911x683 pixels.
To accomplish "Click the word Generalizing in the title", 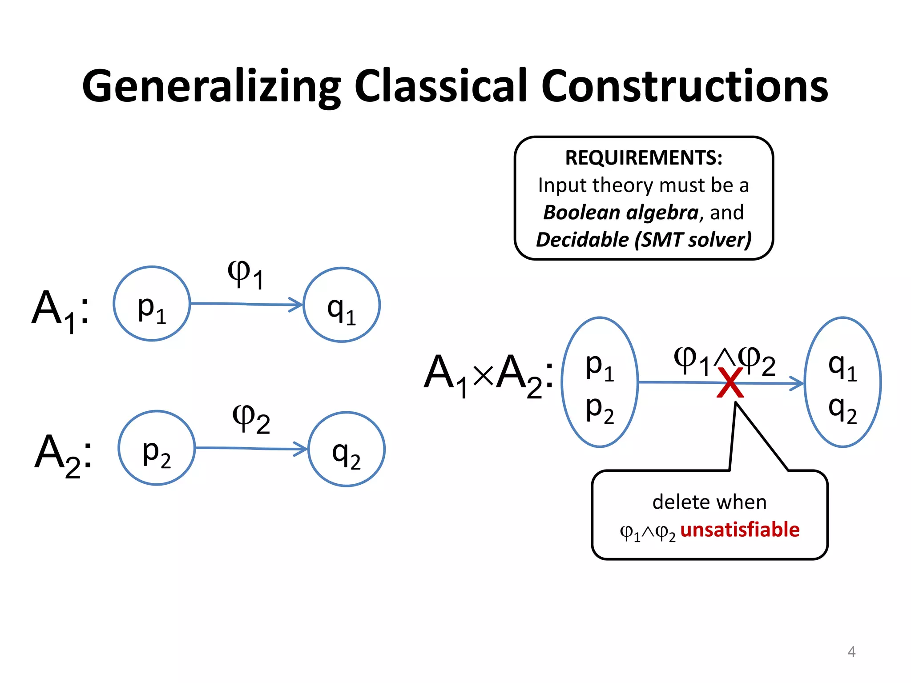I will click(x=211, y=87).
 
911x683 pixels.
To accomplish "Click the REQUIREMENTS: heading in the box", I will click(x=644, y=158).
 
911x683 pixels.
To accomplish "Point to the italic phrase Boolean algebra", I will click(x=621, y=213).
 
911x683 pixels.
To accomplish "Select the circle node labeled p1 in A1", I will click(x=152, y=304).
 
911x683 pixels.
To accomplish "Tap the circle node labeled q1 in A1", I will click(x=342, y=305).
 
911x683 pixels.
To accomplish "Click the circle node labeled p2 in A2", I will click(x=157, y=448).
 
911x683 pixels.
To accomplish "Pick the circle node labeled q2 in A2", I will click(x=347, y=450).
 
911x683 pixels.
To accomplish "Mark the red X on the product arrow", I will click(x=730, y=383).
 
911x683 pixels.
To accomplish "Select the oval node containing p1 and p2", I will click(x=600, y=382).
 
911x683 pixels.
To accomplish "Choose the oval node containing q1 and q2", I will click(x=842, y=382).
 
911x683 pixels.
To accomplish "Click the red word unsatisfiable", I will click(x=740, y=530).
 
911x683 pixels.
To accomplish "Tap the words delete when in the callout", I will click(x=709, y=502).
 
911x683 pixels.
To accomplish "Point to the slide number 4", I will click(x=851, y=651).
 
